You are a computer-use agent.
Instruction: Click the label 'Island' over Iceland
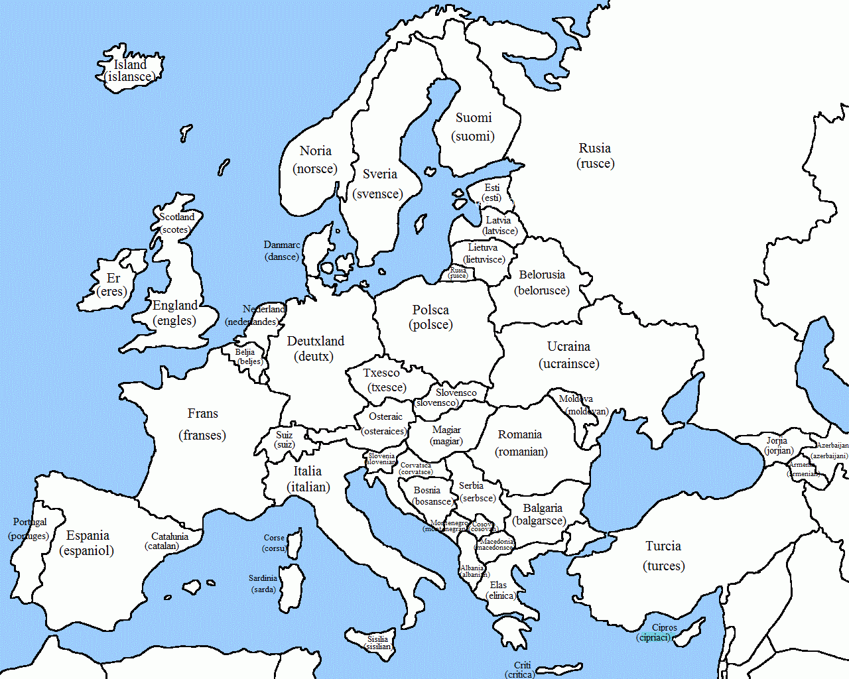click(x=130, y=64)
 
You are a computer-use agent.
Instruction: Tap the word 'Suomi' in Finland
click(x=474, y=118)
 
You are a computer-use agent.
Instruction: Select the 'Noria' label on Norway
click(x=315, y=151)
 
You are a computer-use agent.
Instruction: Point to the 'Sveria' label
click(x=379, y=174)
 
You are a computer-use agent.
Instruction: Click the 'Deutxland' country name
click(x=316, y=341)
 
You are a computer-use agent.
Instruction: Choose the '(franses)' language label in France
click(x=202, y=436)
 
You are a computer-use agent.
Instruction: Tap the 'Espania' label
click(x=88, y=536)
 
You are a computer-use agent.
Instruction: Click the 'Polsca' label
click(x=430, y=310)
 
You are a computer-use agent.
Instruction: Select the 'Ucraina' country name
click(x=568, y=347)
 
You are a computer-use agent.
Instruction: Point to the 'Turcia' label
click(x=663, y=546)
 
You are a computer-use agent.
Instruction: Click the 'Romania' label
click(x=520, y=435)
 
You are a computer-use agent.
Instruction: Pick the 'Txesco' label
click(x=381, y=373)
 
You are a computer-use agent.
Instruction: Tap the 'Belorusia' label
click(x=542, y=275)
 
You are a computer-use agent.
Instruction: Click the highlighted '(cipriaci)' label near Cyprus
click(x=654, y=637)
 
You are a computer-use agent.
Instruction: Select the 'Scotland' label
click(x=177, y=217)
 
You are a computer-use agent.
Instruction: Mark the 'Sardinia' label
click(x=263, y=578)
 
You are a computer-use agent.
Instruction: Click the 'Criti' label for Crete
click(x=523, y=665)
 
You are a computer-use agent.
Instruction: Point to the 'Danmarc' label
click(x=282, y=245)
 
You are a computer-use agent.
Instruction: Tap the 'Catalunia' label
click(x=170, y=536)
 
